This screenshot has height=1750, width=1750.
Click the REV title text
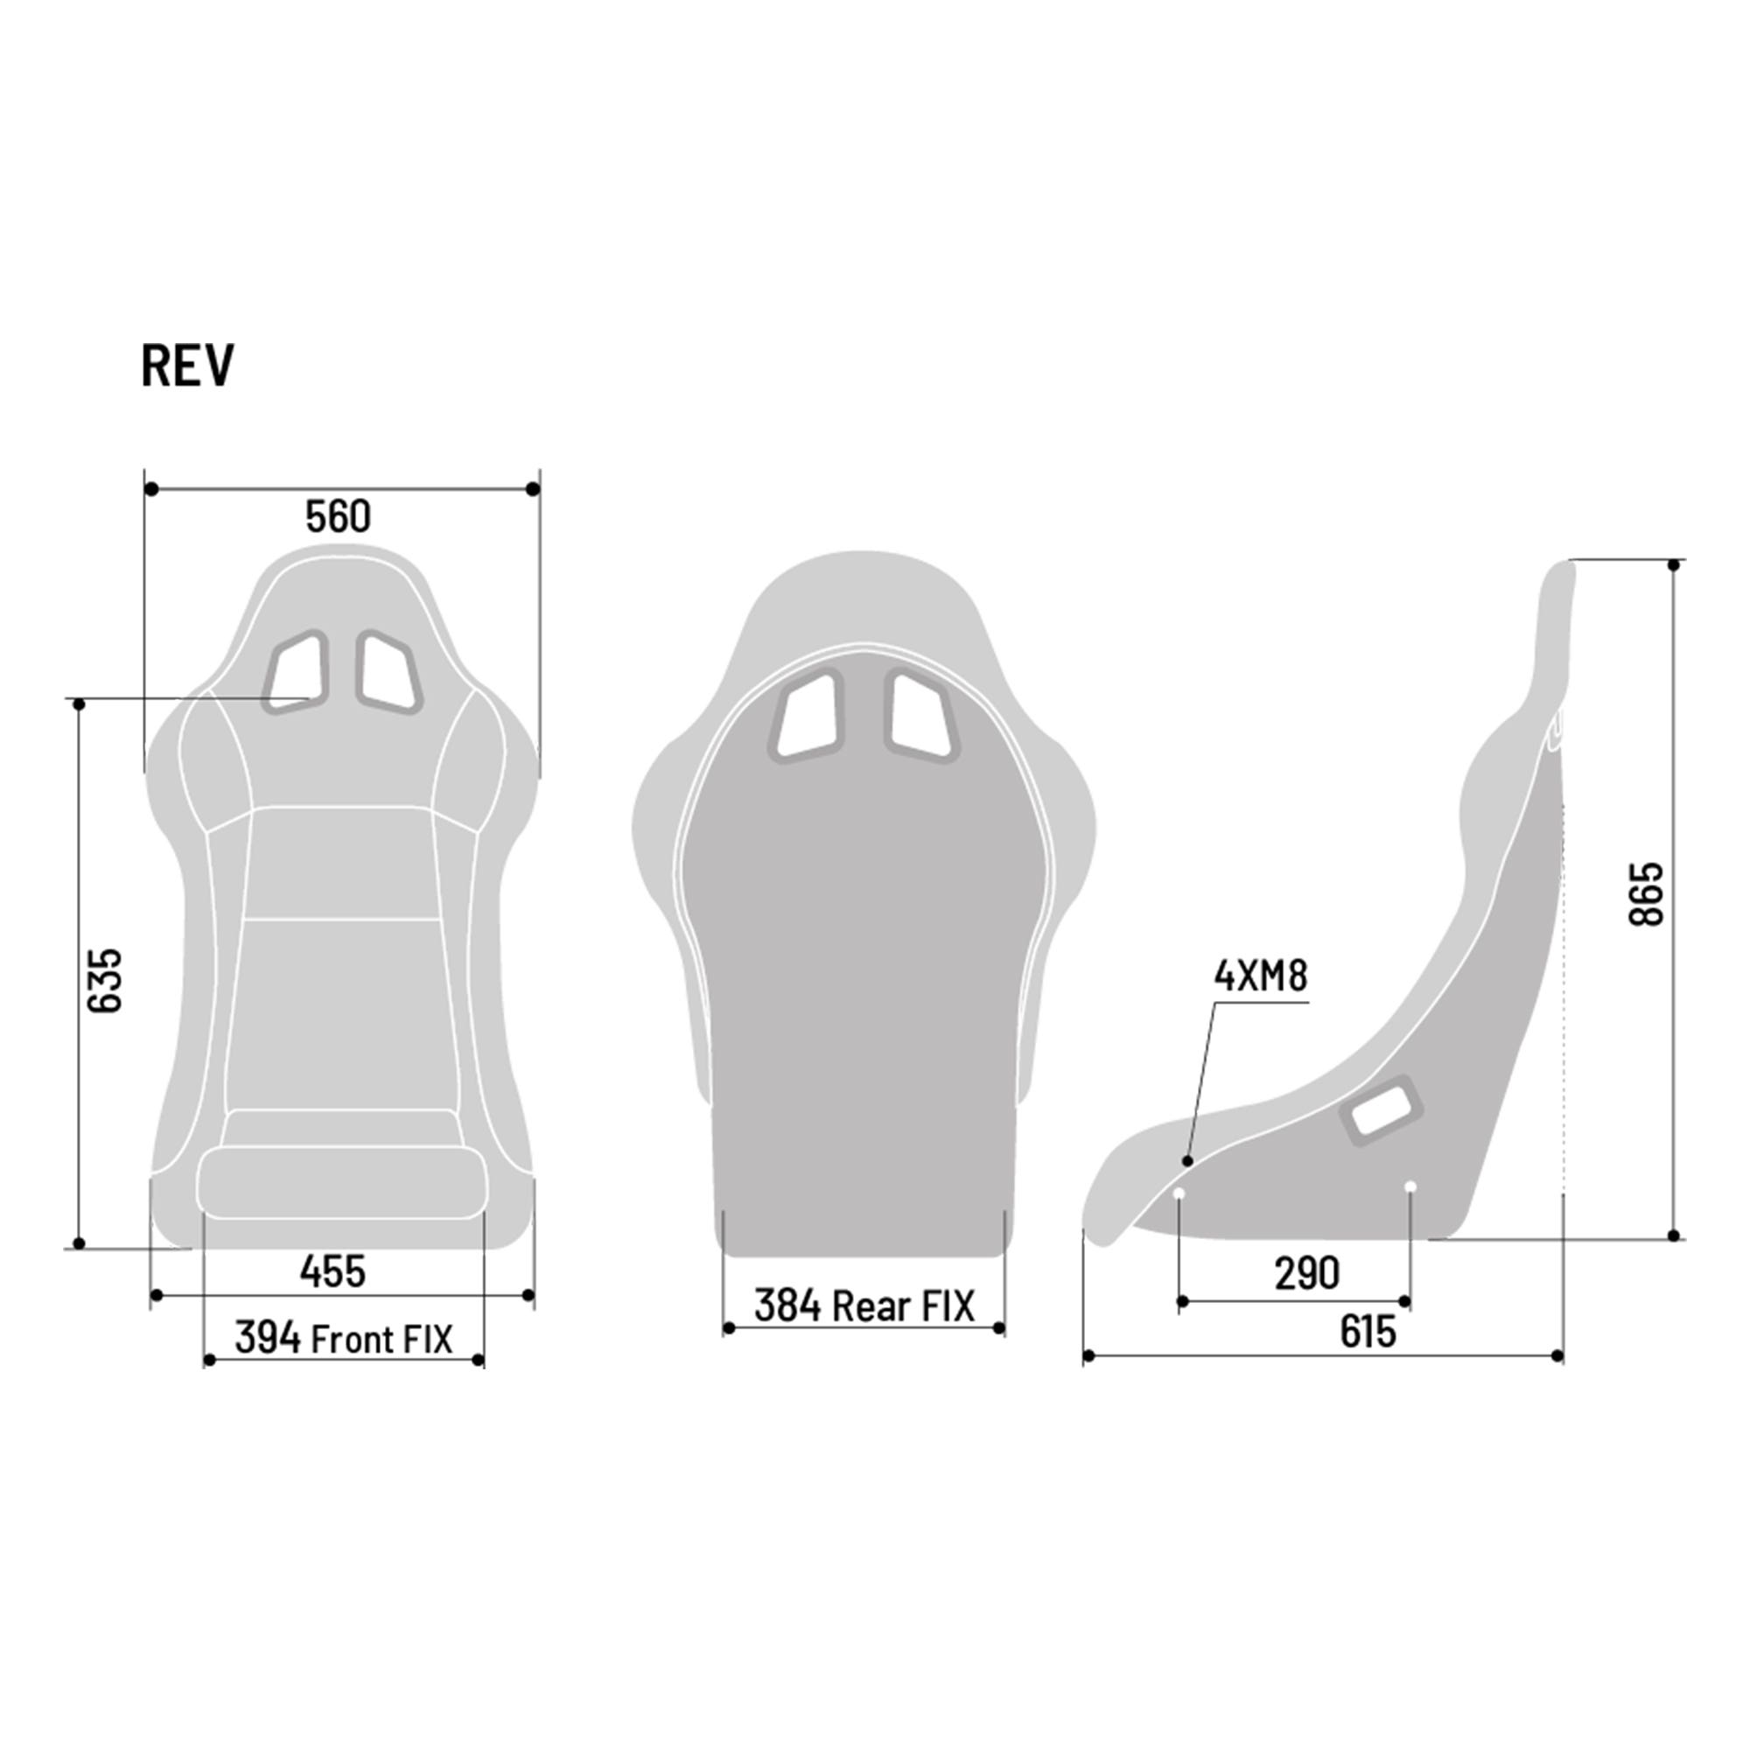point(187,365)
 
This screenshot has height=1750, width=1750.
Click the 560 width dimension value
point(338,516)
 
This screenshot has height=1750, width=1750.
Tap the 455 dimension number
point(332,1271)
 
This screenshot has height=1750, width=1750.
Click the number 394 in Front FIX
point(268,1339)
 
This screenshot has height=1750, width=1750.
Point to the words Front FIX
point(381,1340)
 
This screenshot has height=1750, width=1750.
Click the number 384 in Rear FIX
point(787,1306)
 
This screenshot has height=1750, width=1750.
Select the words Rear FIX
point(903,1306)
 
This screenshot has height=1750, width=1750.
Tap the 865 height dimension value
point(1646,893)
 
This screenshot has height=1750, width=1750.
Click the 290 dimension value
point(1306,1273)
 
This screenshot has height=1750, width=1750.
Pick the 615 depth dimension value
point(1368,1332)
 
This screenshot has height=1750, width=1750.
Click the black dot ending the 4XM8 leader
point(1187,1161)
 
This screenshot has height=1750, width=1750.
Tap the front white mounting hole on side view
point(1179,1193)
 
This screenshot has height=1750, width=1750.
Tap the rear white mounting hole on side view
point(1410,1186)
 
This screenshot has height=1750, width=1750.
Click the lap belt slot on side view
point(1381,1109)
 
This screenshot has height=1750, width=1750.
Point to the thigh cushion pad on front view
point(341,1182)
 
